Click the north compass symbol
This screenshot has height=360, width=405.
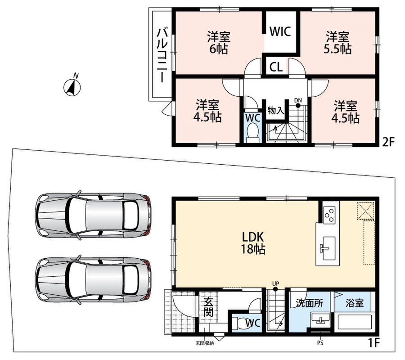click(x=72, y=87)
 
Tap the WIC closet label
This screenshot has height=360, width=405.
click(x=280, y=31)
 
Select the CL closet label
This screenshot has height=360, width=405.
click(x=276, y=67)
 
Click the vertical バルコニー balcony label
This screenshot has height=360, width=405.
click(x=162, y=55)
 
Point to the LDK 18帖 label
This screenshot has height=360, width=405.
click(x=252, y=243)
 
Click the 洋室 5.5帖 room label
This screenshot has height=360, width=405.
click(x=337, y=42)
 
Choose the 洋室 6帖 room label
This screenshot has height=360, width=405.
click(x=219, y=42)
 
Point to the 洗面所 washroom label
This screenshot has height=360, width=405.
click(x=310, y=303)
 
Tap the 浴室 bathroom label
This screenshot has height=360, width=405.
click(x=355, y=303)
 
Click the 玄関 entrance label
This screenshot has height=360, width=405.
click(x=208, y=307)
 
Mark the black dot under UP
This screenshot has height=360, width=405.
click(x=275, y=289)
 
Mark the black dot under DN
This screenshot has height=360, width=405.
click(x=298, y=105)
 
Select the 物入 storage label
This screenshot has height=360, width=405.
click(x=276, y=111)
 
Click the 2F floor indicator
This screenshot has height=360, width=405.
click(x=388, y=142)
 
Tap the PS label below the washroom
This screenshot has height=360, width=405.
click(x=320, y=343)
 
